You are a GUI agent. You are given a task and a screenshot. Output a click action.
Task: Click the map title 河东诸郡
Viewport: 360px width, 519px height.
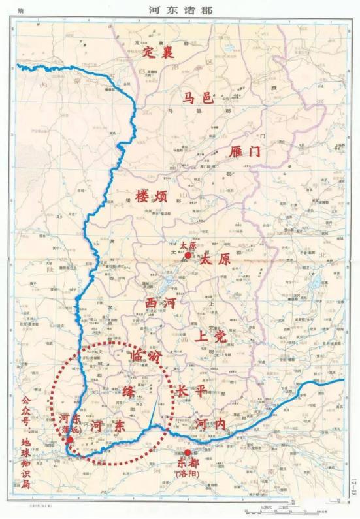180,10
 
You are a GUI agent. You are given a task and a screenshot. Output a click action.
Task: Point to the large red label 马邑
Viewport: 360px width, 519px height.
198,99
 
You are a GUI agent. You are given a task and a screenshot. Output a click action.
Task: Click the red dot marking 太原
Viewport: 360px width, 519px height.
188,256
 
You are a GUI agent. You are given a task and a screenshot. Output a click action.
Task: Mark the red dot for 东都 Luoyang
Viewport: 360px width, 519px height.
188,452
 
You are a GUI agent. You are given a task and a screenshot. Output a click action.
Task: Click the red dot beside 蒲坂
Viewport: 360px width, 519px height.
69,440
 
